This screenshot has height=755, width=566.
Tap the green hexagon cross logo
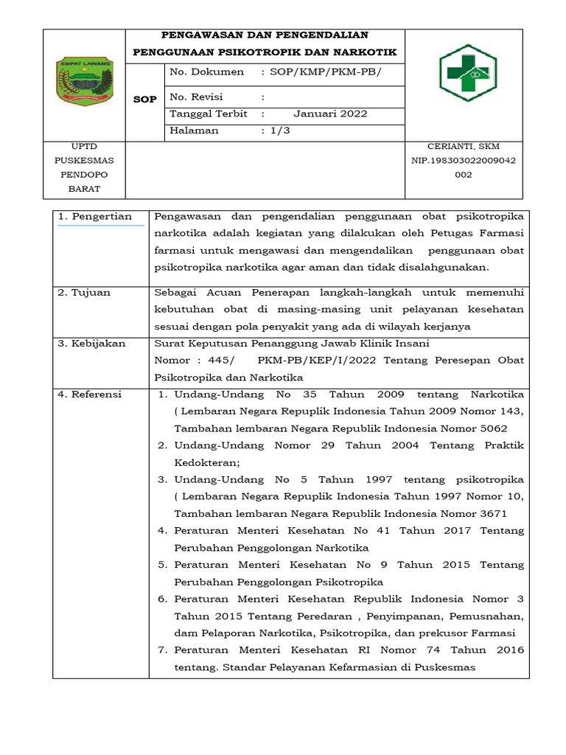pos(467,73)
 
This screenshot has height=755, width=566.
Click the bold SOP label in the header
pos(144,100)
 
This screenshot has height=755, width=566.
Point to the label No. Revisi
pos(196,97)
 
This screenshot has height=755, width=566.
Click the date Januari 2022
pos(330,114)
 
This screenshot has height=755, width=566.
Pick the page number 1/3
pos(280,131)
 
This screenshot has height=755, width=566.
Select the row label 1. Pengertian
pos(95,217)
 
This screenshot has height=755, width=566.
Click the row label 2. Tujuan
pos(84,293)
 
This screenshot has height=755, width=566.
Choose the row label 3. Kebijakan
pos(92,344)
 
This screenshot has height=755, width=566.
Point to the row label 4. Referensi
pos(90,394)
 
